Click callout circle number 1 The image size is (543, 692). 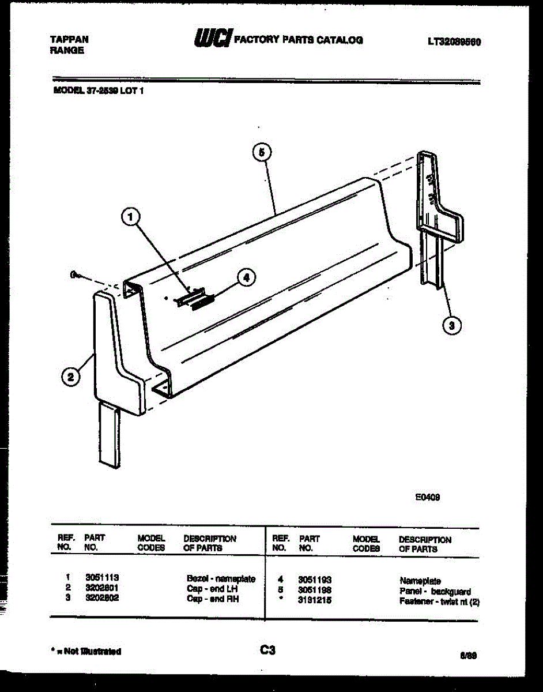click(131, 217)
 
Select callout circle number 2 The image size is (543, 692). click(70, 378)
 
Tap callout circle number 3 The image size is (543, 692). click(452, 326)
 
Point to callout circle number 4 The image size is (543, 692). click(246, 277)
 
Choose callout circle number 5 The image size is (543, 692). click(262, 153)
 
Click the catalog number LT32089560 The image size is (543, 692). click(454, 42)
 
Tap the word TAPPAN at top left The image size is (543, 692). click(69, 40)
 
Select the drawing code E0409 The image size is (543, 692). click(428, 498)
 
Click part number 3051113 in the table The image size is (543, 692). click(102, 578)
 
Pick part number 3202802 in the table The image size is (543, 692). click(102, 598)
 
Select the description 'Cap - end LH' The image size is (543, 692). click(212, 589)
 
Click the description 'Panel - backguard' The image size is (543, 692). click(435, 592)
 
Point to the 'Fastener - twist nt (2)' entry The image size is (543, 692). click(439, 601)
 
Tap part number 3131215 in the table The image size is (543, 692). click(315, 600)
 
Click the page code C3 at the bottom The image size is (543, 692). click(267, 650)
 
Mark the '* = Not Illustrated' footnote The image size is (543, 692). click(86, 652)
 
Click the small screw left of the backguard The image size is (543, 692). click(75, 276)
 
